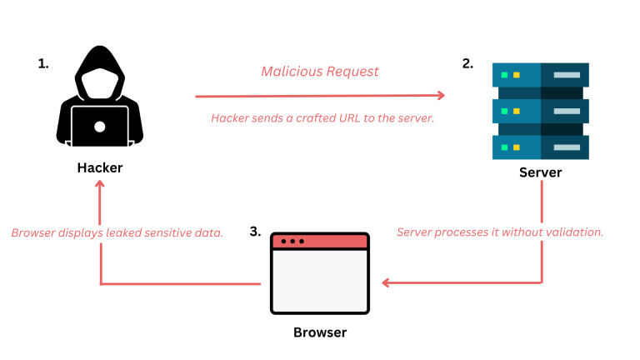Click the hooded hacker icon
point(100,98)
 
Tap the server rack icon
point(541,111)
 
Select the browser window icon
point(320,273)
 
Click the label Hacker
point(100,167)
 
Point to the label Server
point(540,172)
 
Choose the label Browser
point(320,332)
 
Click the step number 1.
point(43,63)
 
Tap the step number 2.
point(467,63)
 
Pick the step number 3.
point(256,232)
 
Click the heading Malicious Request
point(320,72)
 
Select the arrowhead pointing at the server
point(440,97)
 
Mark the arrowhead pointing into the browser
point(385,283)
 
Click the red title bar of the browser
point(320,241)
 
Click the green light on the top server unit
point(504,75)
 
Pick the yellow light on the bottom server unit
point(517,147)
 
